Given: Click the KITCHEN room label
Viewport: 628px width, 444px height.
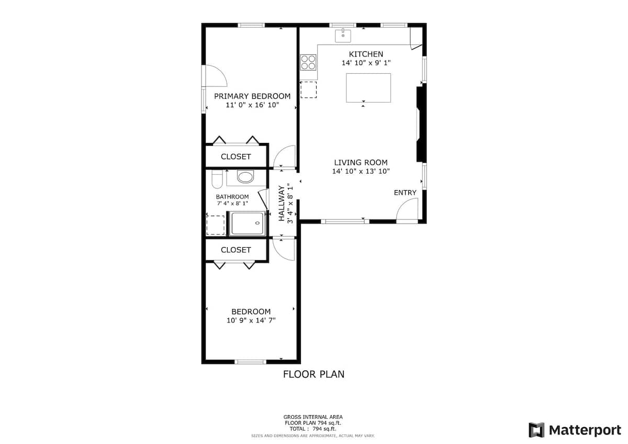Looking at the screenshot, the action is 366,54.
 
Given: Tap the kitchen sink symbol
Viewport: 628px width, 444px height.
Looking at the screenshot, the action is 343,36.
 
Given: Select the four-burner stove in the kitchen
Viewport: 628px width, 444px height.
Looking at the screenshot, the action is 308,62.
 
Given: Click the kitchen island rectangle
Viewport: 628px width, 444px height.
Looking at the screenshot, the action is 368,88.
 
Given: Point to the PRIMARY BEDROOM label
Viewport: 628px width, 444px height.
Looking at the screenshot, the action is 252,96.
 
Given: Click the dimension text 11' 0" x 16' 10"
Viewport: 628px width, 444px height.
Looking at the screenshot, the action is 252,105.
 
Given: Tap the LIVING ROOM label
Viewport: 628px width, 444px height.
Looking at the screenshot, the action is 361,162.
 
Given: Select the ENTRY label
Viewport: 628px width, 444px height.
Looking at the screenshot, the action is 405,193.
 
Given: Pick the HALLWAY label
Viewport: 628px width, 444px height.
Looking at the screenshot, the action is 282,203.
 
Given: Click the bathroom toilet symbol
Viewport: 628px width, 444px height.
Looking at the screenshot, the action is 217,179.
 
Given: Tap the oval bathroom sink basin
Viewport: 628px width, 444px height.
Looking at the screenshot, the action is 245,176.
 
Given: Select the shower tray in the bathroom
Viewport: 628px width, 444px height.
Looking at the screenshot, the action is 247,223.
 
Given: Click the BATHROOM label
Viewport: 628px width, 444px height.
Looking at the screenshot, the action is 232,197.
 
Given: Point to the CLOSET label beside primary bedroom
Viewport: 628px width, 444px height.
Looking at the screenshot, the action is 236,157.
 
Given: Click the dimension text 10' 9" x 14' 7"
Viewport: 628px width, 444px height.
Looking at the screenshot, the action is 251,320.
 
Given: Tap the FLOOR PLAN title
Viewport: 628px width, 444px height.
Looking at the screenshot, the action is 313,374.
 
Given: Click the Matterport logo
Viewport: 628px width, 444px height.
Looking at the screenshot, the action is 575,430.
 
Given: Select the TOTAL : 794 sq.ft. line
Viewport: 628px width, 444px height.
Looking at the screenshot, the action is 313,429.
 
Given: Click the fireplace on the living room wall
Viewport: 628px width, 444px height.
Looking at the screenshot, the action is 421,124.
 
